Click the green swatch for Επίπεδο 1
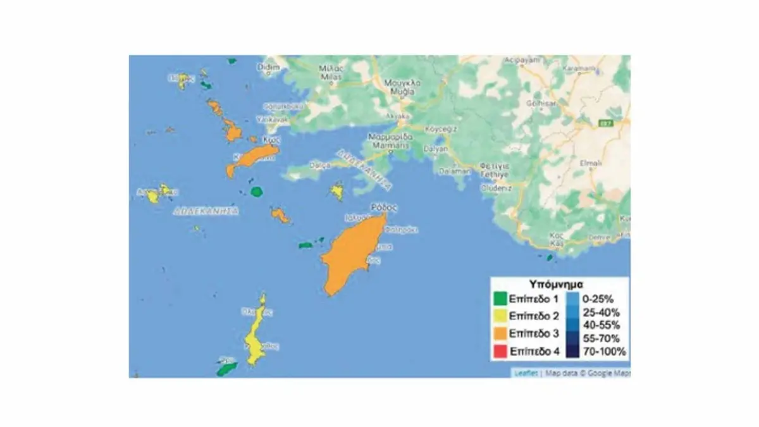[500, 299]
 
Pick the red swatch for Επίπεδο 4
[500, 352]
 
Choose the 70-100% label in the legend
[604, 352]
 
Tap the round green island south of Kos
[256, 191]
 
